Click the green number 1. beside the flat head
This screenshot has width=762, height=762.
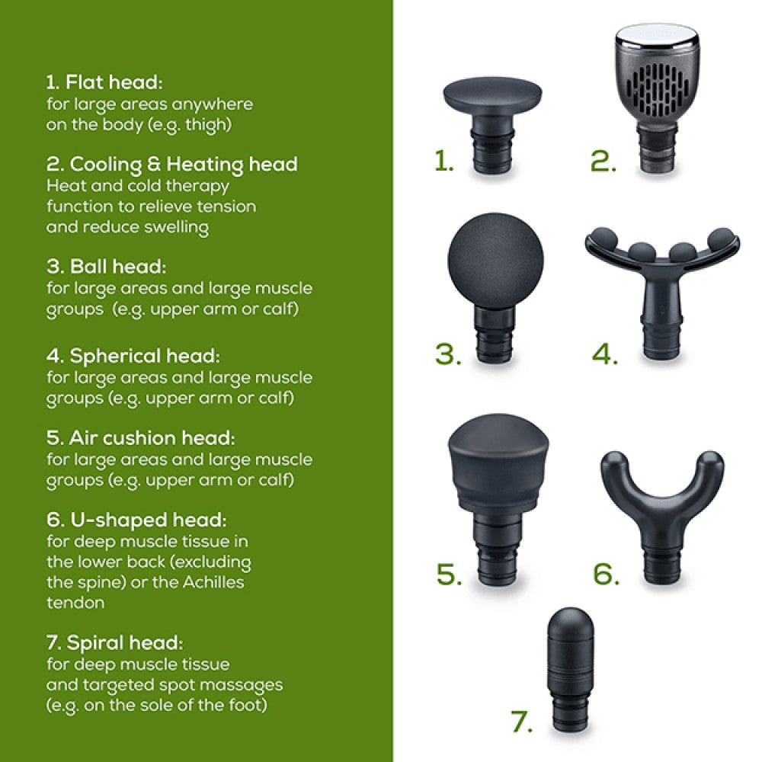[444, 161]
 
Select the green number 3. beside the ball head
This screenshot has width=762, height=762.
[448, 354]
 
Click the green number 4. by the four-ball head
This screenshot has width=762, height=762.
[605, 354]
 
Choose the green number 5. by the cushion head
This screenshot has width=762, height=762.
[449, 575]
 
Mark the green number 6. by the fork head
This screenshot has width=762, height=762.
[607, 575]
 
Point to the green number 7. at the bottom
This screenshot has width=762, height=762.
[524, 722]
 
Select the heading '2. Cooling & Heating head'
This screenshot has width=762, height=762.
[172, 164]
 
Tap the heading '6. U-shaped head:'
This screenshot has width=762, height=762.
[136, 520]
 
